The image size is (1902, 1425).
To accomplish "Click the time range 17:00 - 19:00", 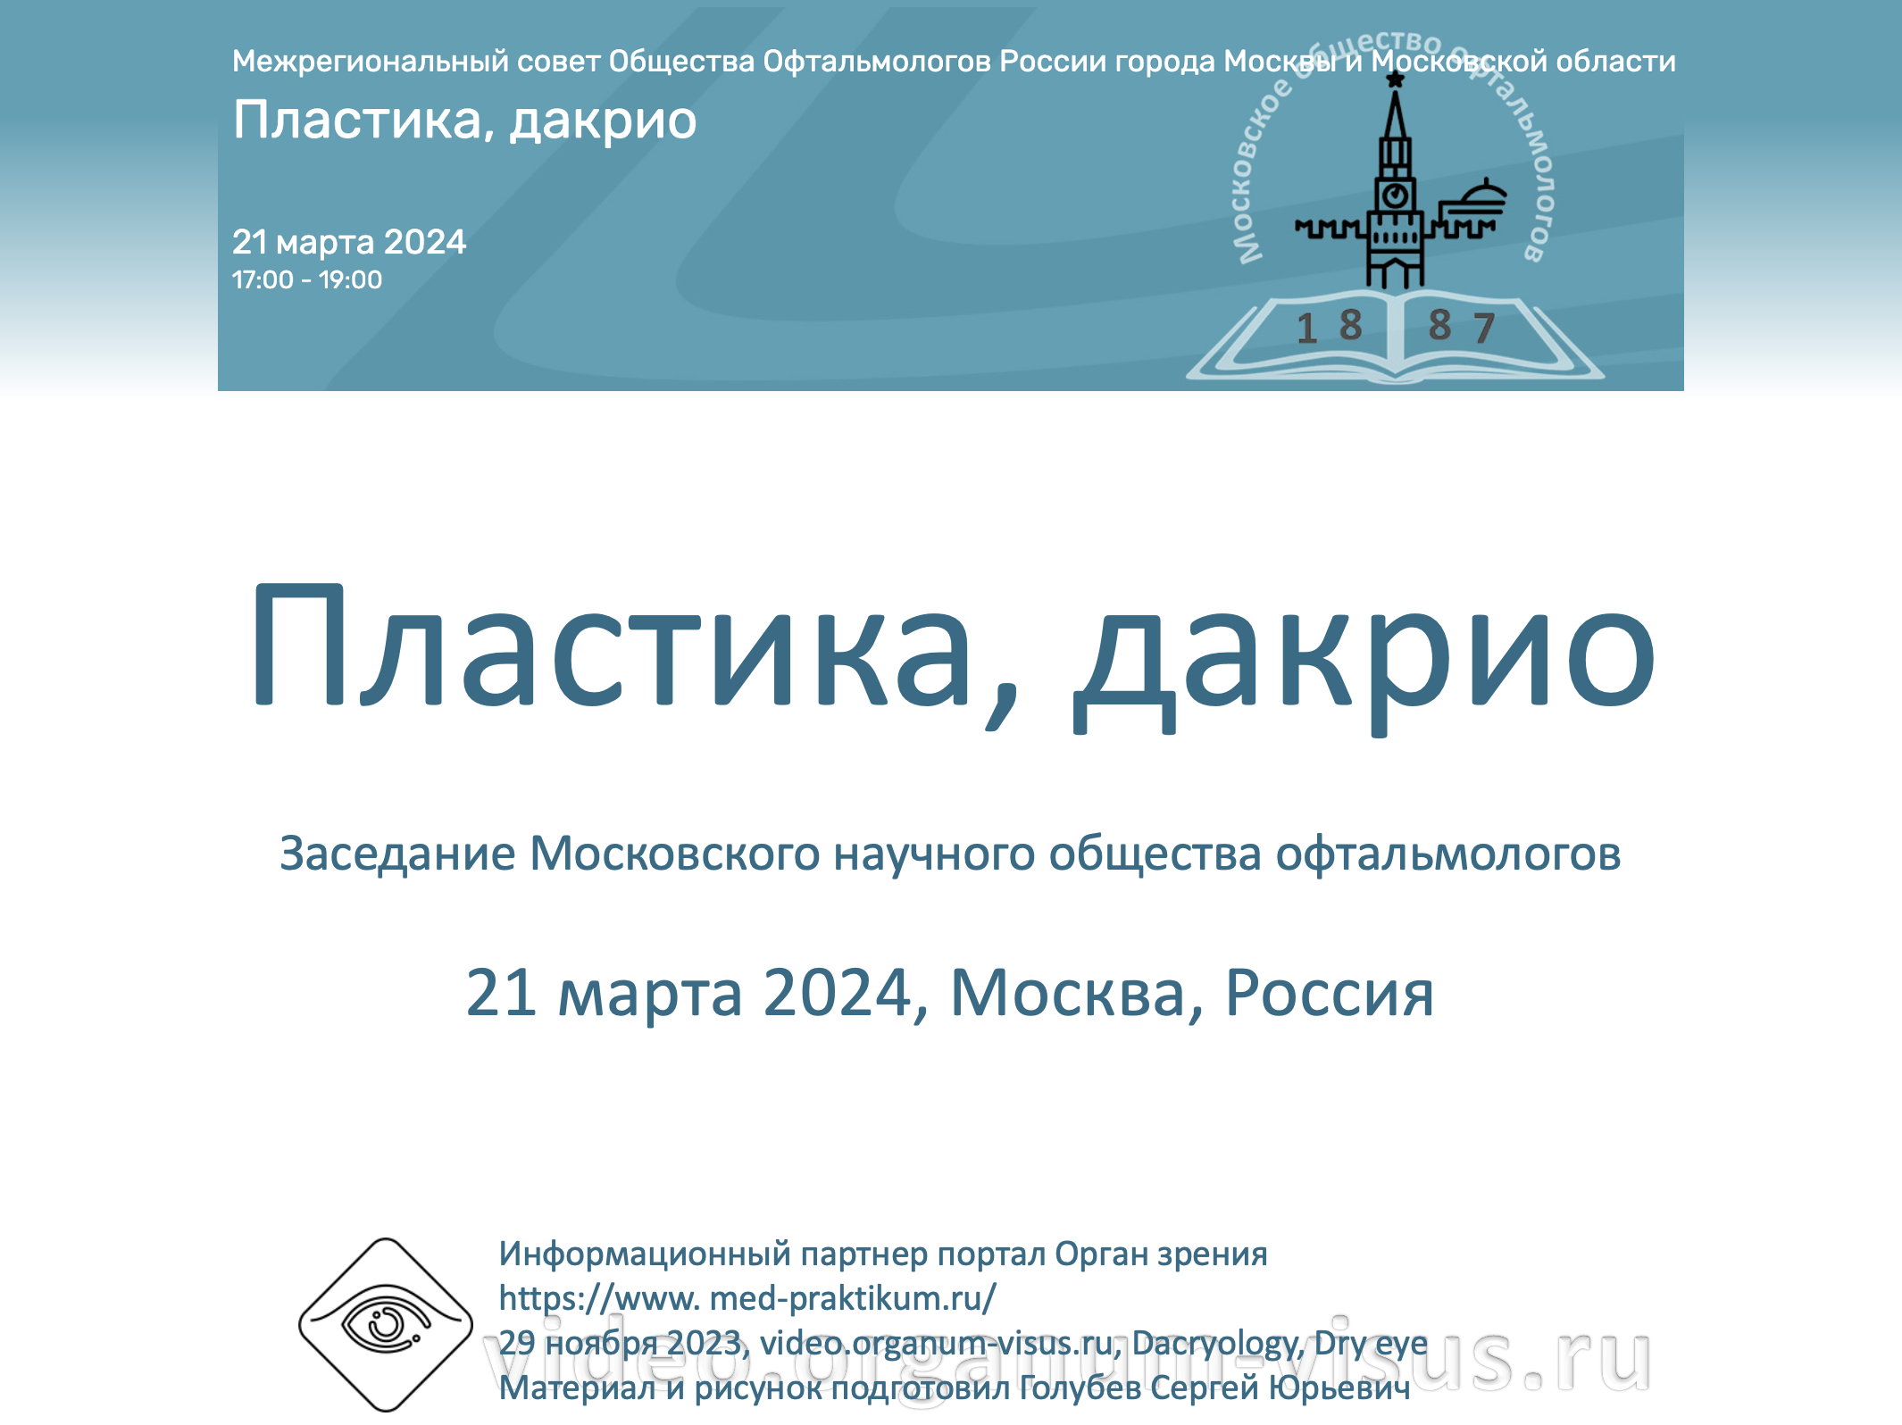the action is [307, 279].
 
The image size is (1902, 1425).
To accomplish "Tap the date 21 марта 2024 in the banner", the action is [349, 241].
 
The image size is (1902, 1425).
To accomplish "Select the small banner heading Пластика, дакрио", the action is [464, 121].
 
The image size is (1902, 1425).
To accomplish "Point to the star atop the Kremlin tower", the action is [1396, 80].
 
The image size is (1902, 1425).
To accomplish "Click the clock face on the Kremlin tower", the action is [1396, 195].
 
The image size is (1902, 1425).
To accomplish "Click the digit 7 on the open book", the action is [1484, 328].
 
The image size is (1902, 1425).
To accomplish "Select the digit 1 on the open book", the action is [1307, 328].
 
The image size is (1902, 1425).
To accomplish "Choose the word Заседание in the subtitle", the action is [398, 854].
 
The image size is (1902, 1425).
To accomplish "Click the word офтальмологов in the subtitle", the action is [1448, 854].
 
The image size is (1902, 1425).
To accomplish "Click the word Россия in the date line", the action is [1330, 993].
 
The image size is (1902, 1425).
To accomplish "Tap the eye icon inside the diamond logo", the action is [387, 1322].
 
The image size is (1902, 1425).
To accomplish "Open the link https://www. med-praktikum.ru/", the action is [747, 1298].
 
